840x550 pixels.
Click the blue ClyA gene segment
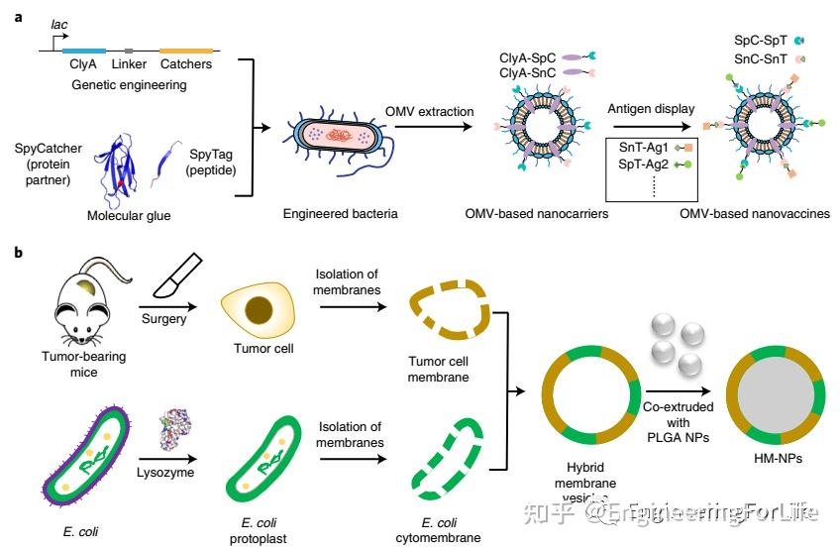click(x=84, y=50)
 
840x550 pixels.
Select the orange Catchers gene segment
click(x=185, y=50)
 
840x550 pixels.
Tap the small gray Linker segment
click(x=129, y=50)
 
